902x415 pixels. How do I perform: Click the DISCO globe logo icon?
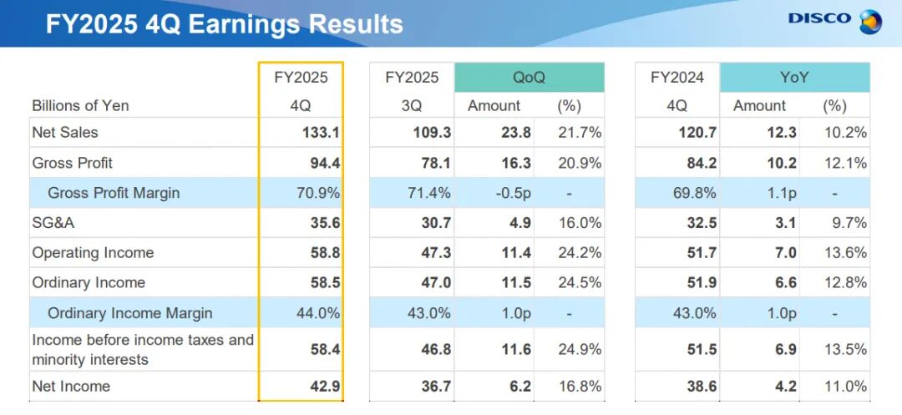(869, 22)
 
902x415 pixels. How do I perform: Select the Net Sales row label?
(65, 133)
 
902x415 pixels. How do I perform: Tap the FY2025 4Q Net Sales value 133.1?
(322, 133)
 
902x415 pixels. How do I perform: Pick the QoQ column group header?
(530, 78)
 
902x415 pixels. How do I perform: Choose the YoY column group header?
(794, 78)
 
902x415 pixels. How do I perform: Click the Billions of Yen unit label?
(80, 106)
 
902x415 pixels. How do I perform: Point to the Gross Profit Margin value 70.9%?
(317, 193)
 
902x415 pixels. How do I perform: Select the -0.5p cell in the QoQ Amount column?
(513, 193)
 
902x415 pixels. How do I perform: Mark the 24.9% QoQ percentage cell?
(580, 350)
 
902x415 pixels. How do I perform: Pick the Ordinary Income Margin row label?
(130, 313)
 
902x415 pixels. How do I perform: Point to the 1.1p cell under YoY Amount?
(781, 193)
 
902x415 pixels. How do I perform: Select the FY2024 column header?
(677, 78)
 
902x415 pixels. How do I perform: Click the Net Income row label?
(71, 387)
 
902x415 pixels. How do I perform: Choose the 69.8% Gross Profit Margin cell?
(694, 193)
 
